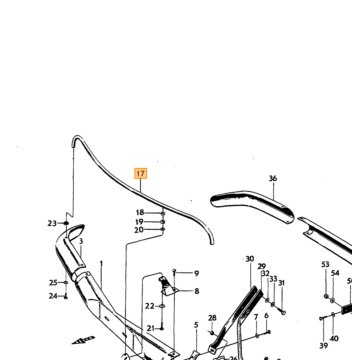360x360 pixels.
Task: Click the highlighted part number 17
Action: pyautogui.click(x=141, y=174)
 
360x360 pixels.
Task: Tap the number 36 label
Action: pyautogui.click(x=273, y=179)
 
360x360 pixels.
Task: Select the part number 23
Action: pyautogui.click(x=52, y=223)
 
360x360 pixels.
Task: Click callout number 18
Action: pyautogui.click(x=140, y=213)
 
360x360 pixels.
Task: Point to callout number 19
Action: pyautogui.click(x=139, y=222)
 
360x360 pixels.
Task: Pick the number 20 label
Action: pyautogui.click(x=139, y=230)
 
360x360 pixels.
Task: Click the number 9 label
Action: pyautogui.click(x=197, y=274)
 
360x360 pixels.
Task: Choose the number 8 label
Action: pyautogui.click(x=197, y=291)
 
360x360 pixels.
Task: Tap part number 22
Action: pyautogui.click(x=150, y=306)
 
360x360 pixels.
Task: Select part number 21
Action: pyautogui.click(x=151, y=329)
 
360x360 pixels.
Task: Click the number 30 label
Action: pyautogui.click(x=250, y=259)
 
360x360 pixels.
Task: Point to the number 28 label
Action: pyautogui.click(x=212, y=318)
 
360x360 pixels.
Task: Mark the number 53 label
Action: pyautogui.click(x=325, y=265)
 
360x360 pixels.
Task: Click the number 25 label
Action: pyautogui.click(x=53, y=283)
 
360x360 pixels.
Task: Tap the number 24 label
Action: pyautogui.click(x=53, y=296)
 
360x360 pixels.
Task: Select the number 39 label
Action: pyautogui.click(x=323, y=346)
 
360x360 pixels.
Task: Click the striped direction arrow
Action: pyautogui.click(x=84, y=340)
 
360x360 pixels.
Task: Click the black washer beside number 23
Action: pyautogui.click(x=66, y=223)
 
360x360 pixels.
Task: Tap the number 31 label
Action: pyautogui.click(x=282, y=283)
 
